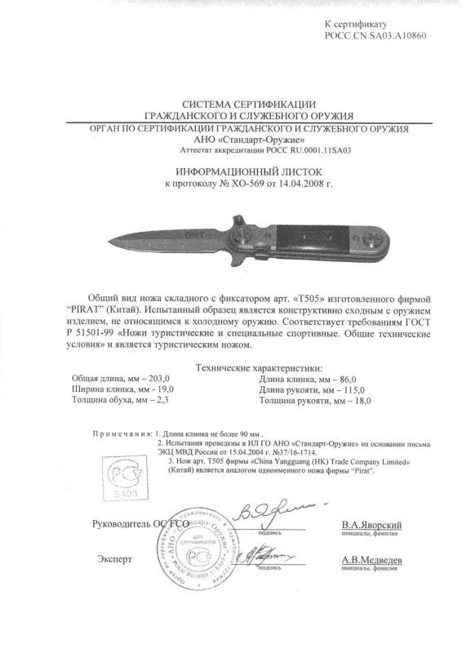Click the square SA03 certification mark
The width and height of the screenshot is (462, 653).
click(x=118, y=476)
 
